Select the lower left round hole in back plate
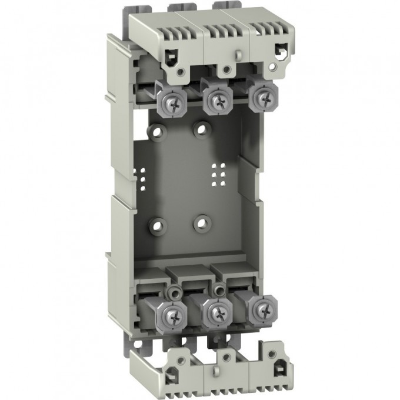coord(156,224)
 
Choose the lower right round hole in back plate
coord(202,222)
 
